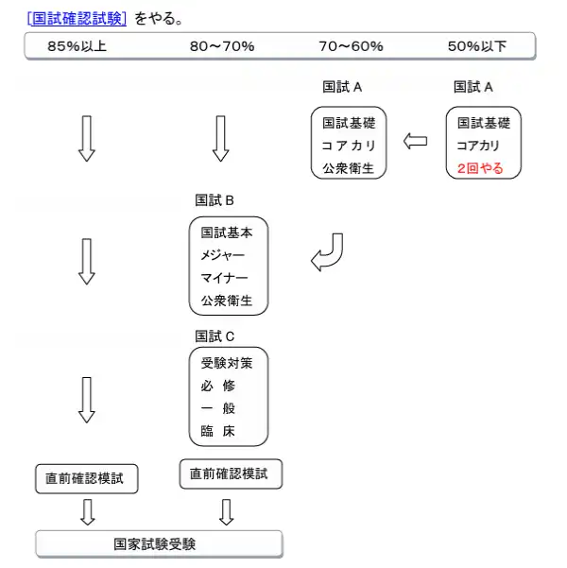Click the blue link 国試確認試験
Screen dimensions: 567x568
coord(77,18)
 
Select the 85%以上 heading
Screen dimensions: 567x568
coord(77,46)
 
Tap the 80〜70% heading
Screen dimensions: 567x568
coord(222,46)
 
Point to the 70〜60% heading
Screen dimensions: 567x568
coord(352,46)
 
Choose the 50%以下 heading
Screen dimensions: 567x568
coord(477,46)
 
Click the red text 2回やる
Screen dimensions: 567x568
coord(480,168)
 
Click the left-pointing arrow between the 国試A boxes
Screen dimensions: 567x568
coord(415,141)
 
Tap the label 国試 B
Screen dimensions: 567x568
coord(215,200)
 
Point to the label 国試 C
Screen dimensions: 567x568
coord(215,336)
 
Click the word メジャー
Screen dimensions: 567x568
coord(223,255)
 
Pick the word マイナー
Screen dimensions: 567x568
coord(224,278)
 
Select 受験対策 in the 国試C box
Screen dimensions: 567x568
coord(227,363)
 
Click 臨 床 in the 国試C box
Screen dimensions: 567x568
coord(218,431)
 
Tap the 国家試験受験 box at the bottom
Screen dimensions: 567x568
coord(159,544)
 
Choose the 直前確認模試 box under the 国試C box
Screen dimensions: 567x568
coord(231,474)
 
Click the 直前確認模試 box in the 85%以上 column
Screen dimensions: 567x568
coord(87,479)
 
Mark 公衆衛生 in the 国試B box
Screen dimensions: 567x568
coord(227,301)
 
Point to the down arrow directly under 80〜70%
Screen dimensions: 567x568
coord(220,139)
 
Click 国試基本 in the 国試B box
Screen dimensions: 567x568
coord(227,232)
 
